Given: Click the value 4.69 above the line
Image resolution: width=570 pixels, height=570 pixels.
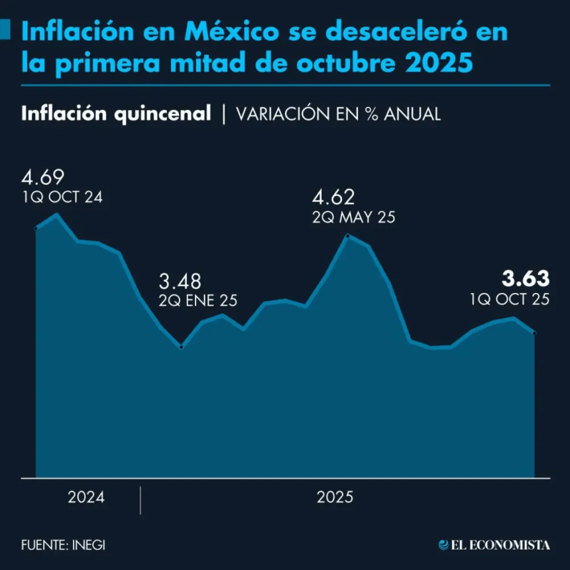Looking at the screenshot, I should [42, 178].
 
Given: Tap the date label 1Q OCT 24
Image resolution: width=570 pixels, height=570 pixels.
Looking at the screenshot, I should [62, 197].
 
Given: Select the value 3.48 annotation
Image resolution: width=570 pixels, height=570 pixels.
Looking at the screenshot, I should [179, 281].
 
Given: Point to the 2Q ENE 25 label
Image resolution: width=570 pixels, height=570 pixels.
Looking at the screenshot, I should [198, 300].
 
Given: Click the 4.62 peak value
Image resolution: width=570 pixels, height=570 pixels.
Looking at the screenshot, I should [333, 198].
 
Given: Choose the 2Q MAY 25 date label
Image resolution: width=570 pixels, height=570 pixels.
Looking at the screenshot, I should [353, 217].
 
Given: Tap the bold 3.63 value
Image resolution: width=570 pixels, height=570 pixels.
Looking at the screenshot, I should [526, 278].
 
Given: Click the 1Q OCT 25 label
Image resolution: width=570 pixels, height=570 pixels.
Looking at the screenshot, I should [510, 299].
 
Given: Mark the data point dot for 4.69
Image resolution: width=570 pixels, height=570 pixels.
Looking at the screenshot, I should [36, 229].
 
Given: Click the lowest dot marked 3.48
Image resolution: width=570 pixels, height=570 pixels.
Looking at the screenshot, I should [181, 347].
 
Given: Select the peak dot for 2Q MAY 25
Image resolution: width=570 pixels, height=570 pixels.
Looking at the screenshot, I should [347, 236].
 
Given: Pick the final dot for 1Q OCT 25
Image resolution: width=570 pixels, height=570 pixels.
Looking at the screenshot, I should [534, 333].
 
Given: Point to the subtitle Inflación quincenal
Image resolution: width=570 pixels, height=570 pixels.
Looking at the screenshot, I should [116, 113].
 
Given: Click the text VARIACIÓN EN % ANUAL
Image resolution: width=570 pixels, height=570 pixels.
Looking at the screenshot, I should [338, 114].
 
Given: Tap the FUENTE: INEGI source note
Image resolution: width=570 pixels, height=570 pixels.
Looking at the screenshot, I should [63, 545].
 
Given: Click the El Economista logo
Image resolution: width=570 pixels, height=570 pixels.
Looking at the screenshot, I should [494, 545].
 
